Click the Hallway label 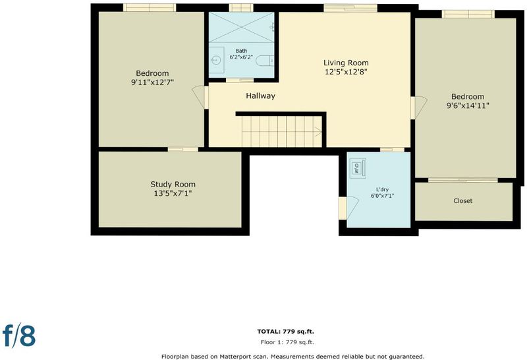(x=260, y=96)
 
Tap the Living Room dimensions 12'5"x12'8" (x=346, y=72)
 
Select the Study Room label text (x=173, y=185)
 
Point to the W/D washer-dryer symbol (x=358, y=168)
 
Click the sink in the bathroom (x=216, y=61)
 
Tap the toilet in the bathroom (x=265, y=61)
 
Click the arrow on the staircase (x=318, y=132)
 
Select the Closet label (x=463, y=201)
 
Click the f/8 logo (x=19, y=335)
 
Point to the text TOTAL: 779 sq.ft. (x=285, y=332)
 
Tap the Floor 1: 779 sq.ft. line (x=287, y=342)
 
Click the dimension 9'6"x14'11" (x=468, y=105)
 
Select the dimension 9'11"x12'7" (x=152, y=82)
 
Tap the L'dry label (x=382, y=189)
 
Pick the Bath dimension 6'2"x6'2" (x=241, y=57)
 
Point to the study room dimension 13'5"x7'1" (x=173, y=193)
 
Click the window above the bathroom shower (x=241, y=8)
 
